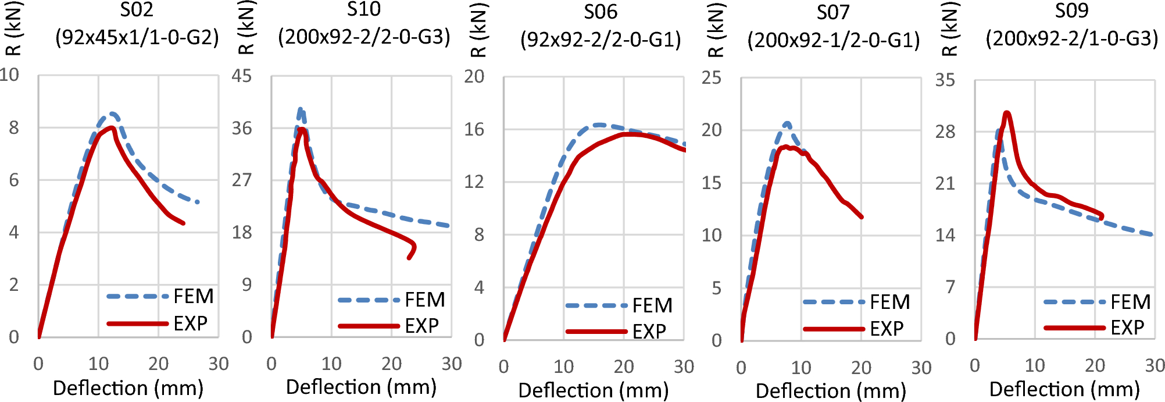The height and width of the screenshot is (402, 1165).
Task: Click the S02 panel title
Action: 137,10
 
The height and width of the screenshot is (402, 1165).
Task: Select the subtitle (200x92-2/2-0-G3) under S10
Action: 364,37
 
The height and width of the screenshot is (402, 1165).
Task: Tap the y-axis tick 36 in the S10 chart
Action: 242,128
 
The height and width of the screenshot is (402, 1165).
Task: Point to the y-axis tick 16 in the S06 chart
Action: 474,129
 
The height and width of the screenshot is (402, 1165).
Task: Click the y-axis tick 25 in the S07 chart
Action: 712,77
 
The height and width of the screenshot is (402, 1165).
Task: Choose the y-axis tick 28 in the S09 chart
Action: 945,132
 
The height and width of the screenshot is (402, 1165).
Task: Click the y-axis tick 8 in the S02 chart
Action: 14,128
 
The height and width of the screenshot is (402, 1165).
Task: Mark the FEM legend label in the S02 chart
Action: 194,296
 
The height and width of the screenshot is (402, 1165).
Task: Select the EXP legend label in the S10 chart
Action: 421,326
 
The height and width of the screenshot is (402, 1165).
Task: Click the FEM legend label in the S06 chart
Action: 652,305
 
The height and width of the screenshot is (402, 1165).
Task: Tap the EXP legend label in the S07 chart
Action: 887,329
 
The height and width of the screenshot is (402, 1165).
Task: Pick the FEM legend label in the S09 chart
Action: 1130,302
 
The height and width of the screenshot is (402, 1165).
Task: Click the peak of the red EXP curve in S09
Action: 1006,113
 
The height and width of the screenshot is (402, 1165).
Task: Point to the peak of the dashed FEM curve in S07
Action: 787,123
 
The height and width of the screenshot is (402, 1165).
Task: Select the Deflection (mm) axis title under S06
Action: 593,390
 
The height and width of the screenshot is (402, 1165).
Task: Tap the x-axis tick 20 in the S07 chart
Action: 861,368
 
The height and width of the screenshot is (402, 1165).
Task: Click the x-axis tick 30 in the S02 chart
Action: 219,364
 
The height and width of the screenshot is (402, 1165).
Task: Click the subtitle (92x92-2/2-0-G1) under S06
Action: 601,40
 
